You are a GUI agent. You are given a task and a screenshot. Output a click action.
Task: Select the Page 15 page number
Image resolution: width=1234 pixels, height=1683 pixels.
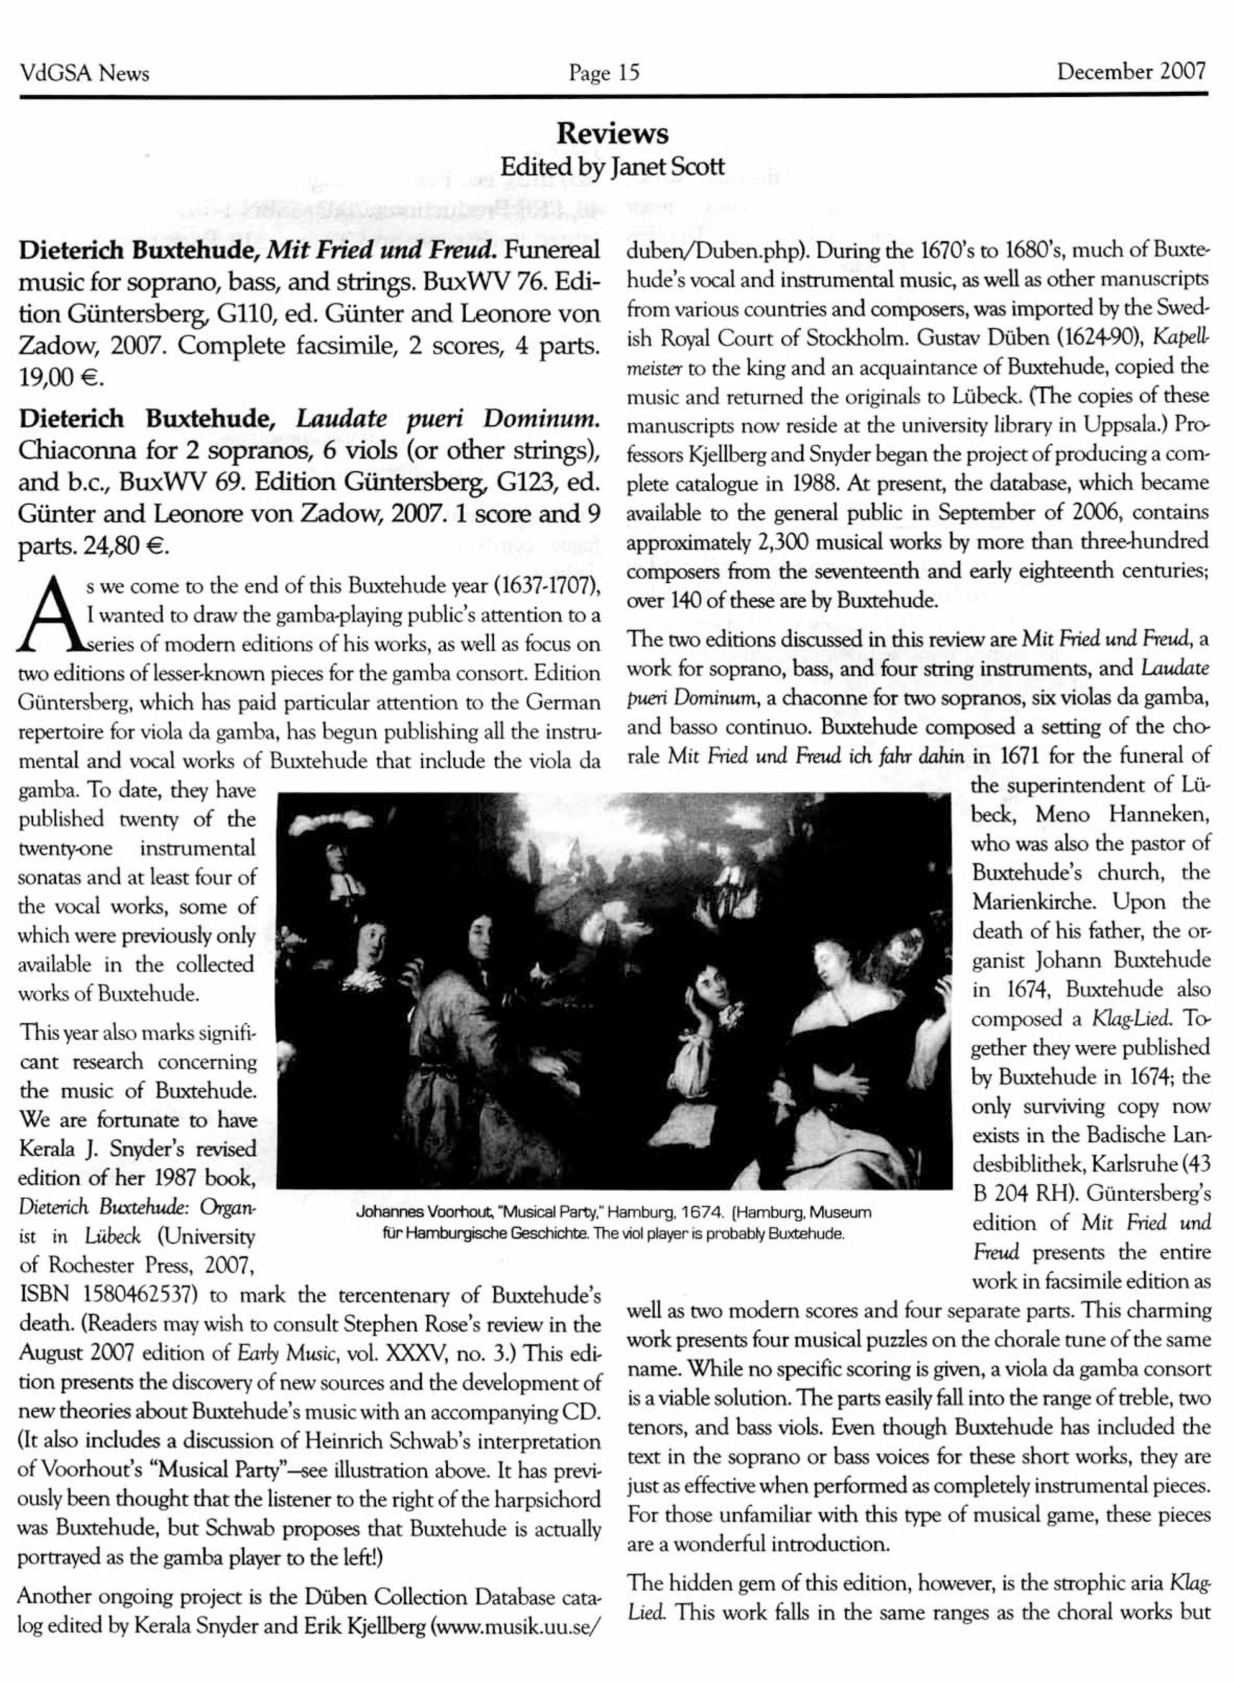coord(604,72)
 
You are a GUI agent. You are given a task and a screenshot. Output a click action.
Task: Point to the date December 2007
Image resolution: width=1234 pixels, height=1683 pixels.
coord(1131,72)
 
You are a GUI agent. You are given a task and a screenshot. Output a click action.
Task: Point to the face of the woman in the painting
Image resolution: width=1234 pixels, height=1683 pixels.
coord(829,959)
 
